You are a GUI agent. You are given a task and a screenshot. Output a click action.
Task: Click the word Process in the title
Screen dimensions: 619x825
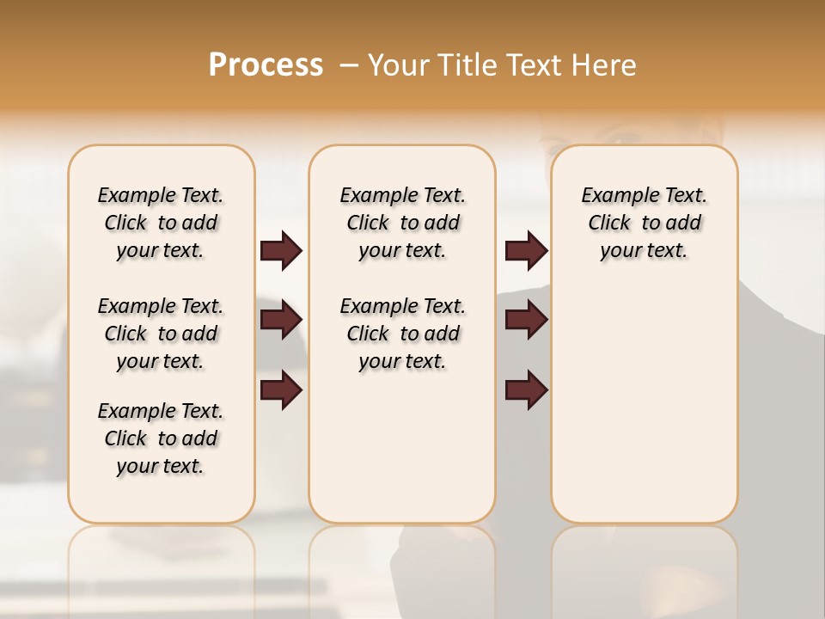click(x=266, y=65)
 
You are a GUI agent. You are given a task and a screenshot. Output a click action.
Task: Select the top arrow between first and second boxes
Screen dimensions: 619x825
click(x=281, y=251)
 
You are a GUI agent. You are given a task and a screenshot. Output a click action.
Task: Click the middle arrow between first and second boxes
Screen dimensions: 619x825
click(x=281, y=321)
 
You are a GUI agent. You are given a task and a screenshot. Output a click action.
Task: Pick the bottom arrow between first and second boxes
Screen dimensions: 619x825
click(x=281, y=391)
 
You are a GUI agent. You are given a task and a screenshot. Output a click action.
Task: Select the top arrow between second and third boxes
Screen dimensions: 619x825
click(x=526, y=251)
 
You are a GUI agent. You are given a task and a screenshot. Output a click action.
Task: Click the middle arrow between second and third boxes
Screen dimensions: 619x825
click(x=526, y=321)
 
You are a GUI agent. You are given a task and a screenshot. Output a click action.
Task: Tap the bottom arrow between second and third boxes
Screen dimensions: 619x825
click(x=526, y=391)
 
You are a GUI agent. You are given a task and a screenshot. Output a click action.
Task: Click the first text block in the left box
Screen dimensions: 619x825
click(x=161, y=223)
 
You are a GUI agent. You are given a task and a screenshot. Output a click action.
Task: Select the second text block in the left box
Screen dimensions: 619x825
click(x=161, y=334)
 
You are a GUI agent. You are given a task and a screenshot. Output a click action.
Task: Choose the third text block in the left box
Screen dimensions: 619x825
click(x=161, y=438)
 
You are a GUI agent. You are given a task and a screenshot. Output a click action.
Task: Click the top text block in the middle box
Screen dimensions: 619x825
click(x=402, y=223)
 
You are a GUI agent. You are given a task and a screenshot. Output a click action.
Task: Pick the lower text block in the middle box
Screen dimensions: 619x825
click(x=402, y=334)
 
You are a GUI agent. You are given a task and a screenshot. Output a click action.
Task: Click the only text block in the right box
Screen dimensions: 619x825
click(x=644, y=223)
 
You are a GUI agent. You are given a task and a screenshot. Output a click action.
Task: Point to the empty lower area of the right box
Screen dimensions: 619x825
click(x=644, y=404)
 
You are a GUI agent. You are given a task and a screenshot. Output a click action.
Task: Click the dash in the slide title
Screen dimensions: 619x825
click(x=349, y=66)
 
